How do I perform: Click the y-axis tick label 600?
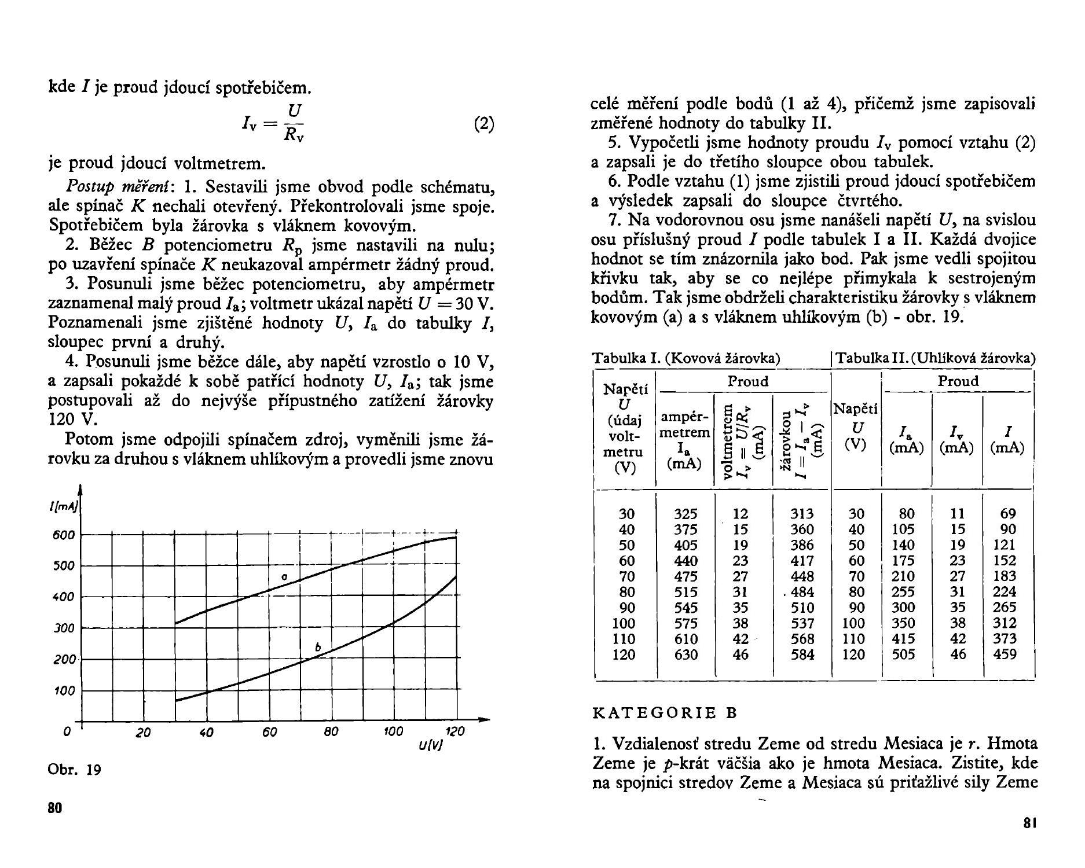pyautogui.click(x=63, y=535)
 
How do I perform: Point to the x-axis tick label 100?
pyautogui.click(x=393, y=731)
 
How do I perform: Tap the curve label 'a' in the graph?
pyautogui.click(x=284, y=577)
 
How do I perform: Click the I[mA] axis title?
pyautogui.click(x=64, y=507)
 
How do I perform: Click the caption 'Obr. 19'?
pyautogui.click(x=75, y=770)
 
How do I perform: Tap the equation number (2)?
pyautogui.click(x=483, y=124)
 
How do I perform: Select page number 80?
pyautogui.click(x=55, y=808)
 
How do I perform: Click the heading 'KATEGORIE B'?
pyautogui.click(x=665, y=713)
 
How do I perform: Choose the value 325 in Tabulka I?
pyautogui.click(x=686, y=514)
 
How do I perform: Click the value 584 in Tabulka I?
pyautogui.click(x=802, y=655)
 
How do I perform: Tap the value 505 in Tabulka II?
pyautogui.click(x=903, y=654)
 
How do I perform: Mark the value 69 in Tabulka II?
pyautogui.click(x=1008, y=513)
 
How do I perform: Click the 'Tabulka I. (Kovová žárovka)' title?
pyautogui.click(x=686, y=358)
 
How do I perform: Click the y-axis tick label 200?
pyautogui.click(x=64, y=660)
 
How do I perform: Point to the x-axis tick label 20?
pyautogui.click(x=143, y=733)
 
